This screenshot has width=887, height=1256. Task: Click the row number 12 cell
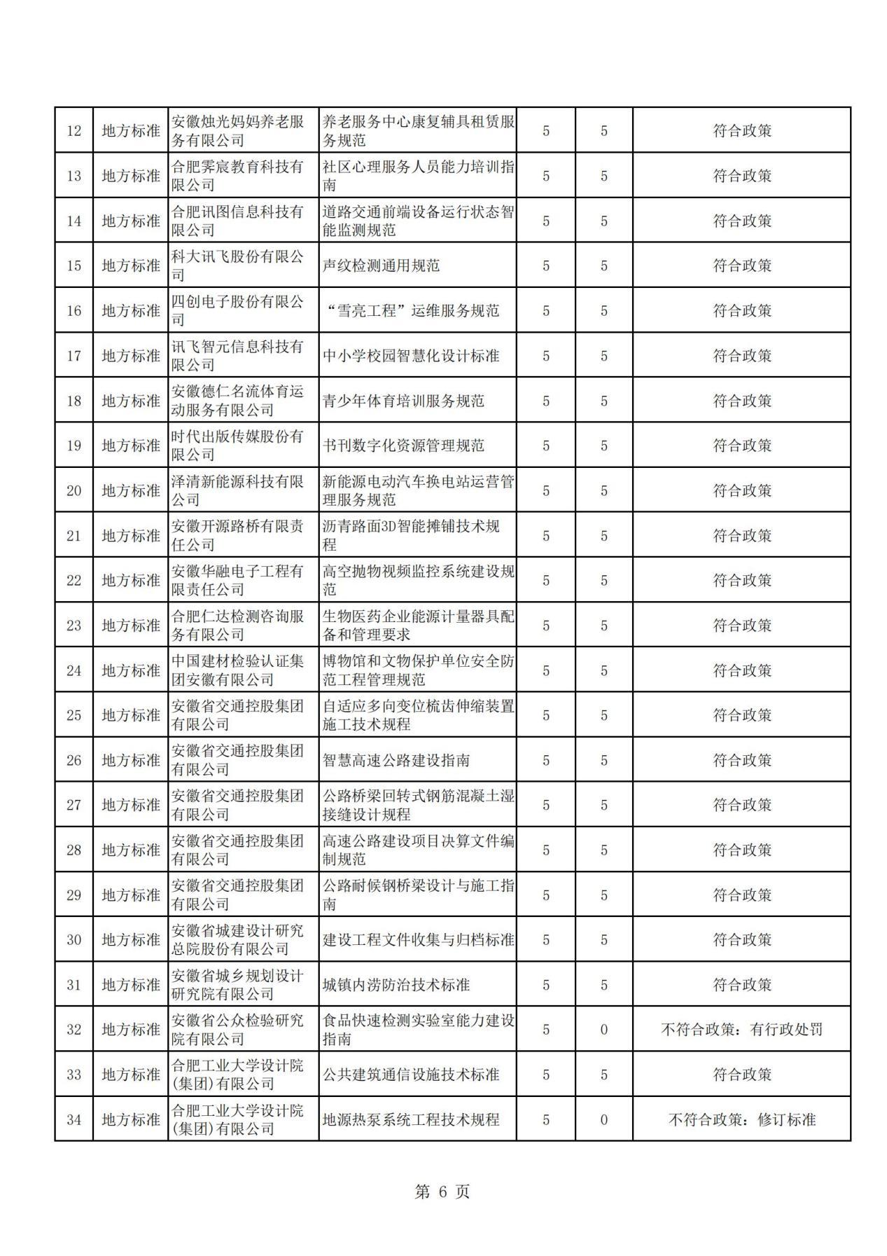tap(74, 131)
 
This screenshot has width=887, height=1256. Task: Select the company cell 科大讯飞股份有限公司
tap(238, 265)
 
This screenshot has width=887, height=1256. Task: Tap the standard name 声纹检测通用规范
tap(381, 266)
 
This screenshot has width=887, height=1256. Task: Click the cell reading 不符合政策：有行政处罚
tap(741, 1030)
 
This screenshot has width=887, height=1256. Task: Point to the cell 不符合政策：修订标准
tap(741, 1119)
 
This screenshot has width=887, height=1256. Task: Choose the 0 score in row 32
tap(603, 1030)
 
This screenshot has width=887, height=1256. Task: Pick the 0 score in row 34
tap(603, 1119)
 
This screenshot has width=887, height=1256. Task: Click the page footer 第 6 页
tap(442, 1192)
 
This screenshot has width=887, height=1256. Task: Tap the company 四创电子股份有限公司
tap(238, 310)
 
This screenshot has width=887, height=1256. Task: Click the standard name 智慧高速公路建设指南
tap(396, 760)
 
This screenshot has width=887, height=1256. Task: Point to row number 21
tap(74, 536)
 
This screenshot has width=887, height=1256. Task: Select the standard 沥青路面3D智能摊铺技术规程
tap(412, 535)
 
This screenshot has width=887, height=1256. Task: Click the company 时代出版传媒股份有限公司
tap(238, 446)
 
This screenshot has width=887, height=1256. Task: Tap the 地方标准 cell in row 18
tap(131, 401)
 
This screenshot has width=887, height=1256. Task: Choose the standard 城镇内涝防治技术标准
tap(396, 985)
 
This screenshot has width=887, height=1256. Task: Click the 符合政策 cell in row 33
tap(741, 1075)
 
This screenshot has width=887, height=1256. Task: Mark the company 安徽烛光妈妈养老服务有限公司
tap(238, 131)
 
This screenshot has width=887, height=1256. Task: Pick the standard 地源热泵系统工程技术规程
tap(411, 1119)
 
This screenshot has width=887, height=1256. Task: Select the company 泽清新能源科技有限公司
tap(238, 490)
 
